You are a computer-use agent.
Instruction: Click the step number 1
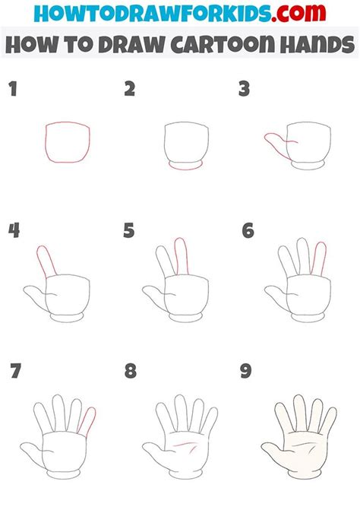[13, 89]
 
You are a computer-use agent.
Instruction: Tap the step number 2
[130, 89]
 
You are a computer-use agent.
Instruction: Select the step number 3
[245, 89]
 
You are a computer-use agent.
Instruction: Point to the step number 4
[14, 230]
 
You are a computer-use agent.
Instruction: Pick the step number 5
[130, 230]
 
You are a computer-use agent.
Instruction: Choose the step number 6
[247, 230]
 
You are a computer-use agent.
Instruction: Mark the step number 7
[15, 372]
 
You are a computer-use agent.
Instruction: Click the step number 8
[131, 372]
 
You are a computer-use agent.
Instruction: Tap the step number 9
[245, 372]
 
